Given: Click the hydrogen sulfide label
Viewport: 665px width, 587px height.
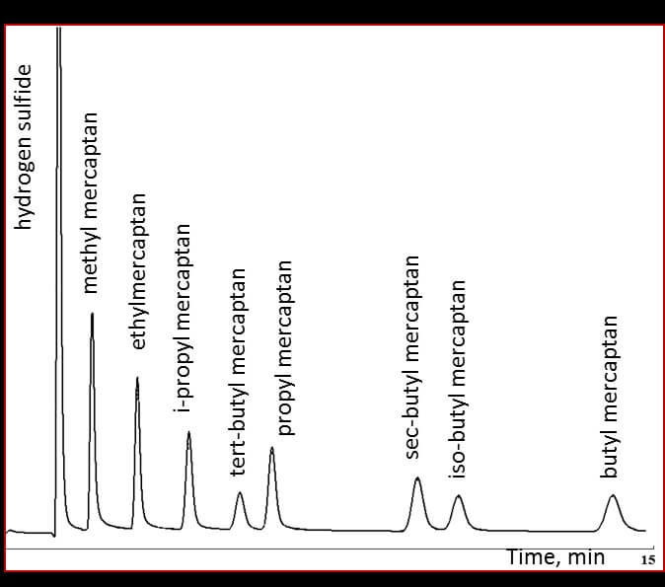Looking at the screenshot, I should point(25,147).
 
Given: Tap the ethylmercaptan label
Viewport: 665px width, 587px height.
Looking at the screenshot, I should point(139,271).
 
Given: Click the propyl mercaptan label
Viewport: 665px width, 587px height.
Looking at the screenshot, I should point(285,347).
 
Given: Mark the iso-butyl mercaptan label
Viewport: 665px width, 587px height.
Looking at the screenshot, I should point(457,380).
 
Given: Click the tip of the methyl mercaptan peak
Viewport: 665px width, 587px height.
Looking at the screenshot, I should point(92,314).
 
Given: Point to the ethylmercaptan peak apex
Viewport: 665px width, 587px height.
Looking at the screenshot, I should point(137,378).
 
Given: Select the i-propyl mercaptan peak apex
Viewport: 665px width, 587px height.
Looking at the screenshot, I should point(188,432).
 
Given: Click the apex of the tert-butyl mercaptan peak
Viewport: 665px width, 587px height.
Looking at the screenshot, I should point(240,492).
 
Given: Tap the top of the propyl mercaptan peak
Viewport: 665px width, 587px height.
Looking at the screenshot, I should point(272,448).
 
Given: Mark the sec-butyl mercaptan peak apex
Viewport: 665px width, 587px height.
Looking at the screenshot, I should point(417,477).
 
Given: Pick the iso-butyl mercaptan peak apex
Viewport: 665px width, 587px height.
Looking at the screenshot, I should point(458,495).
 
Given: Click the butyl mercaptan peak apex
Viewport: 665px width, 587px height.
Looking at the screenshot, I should point(613,494).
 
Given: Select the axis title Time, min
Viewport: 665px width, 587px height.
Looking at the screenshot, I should point(555,557).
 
